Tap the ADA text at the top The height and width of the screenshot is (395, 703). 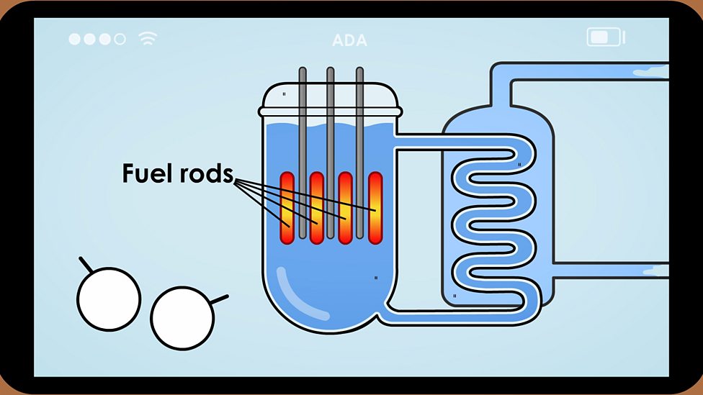pyautogui.click(x=349, y=40)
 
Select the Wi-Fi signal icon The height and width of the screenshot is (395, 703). pyautogui.click(x=148, y=38)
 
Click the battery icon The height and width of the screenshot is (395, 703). pyautogui.click(x=604, y=37)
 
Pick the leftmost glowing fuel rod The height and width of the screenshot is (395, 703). pyautogui.click(x=287, y=209)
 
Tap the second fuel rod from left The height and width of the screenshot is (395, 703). pyautogui.click(x=316, y=209)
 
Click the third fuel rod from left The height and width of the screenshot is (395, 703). pyautogui.click(x=345, y=209)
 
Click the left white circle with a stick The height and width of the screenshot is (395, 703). pyautogui.click(x=109, y=299)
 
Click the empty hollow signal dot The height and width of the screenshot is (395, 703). pyautogui.click(x=120, y=39)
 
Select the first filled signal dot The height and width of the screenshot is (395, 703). pyautogui.click(x=75, y=39)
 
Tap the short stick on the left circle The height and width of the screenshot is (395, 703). pyautogui.click(x=86, y=265)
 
